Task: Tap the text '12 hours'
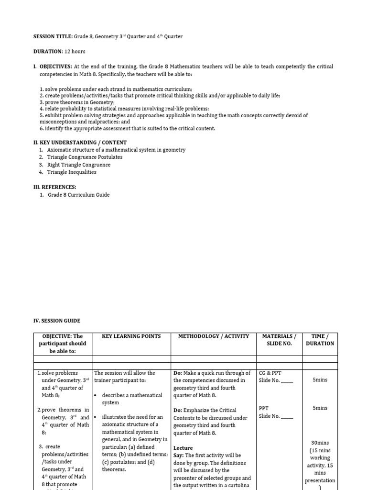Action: [x=75, y=51]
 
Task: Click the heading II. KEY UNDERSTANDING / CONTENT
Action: [x=79, y=142]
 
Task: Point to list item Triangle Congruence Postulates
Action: [x=85, y=157]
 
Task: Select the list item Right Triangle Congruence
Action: [x=79, y=165]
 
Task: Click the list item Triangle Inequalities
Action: [x=72, y=172]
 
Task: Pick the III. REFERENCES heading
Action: [x=54, y=187]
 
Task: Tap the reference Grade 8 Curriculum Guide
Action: [x=78, y=195]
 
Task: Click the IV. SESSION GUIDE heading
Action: [x=56, y=321]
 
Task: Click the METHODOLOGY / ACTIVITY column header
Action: [x=214, y=336]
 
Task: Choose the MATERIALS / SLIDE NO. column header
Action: [x=279, y=340]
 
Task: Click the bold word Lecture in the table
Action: [x=183, y=448]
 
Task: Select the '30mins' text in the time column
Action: [x=320, y=443]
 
